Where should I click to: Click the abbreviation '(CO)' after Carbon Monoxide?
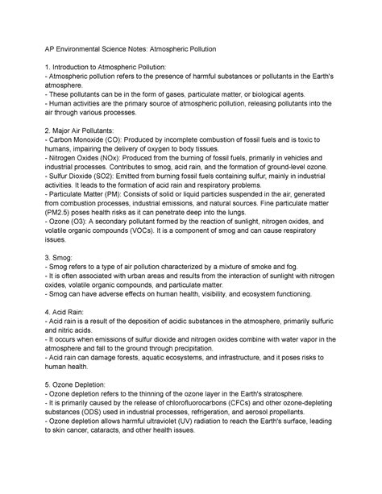[106, 140]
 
